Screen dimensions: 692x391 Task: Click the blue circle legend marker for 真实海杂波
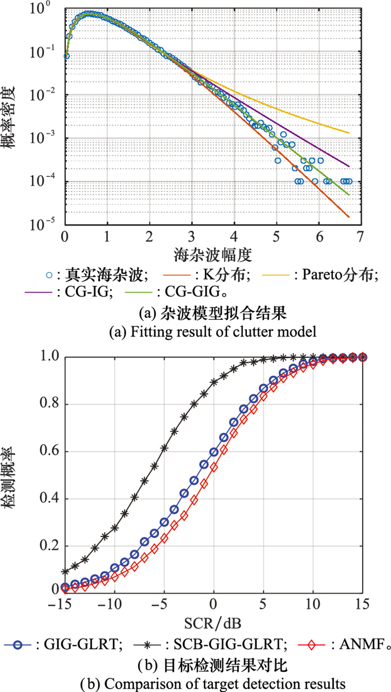49,275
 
